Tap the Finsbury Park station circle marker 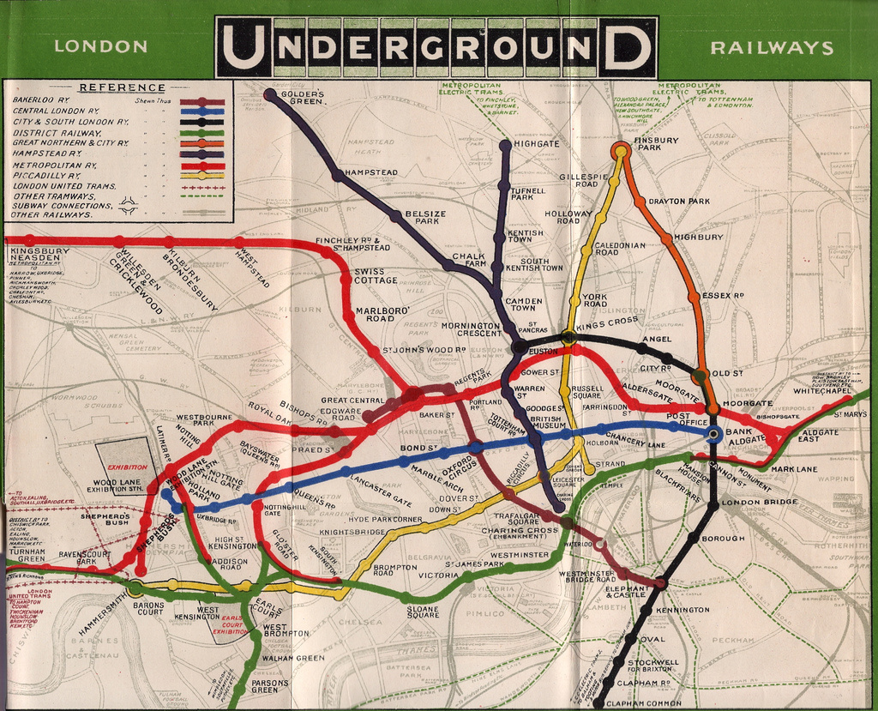click(x=620, y=151)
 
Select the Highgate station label click(x=536, y=144)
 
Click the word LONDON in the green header click(x=100, y=46)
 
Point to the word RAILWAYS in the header click(x=772, y=47)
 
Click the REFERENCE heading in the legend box click(x=121, y=87)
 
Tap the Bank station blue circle click(x=713, y=435)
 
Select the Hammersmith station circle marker click(x=135, y=587)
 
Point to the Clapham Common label click(x=640, y=703)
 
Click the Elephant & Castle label click(x=626, y=592)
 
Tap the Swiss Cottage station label click(x=376, y=275)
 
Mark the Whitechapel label click(x=822, y=391)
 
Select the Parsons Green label click(x=264, y=686)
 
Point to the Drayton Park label click(x=679, y=202)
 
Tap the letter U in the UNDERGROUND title click(x=244, y=47)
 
